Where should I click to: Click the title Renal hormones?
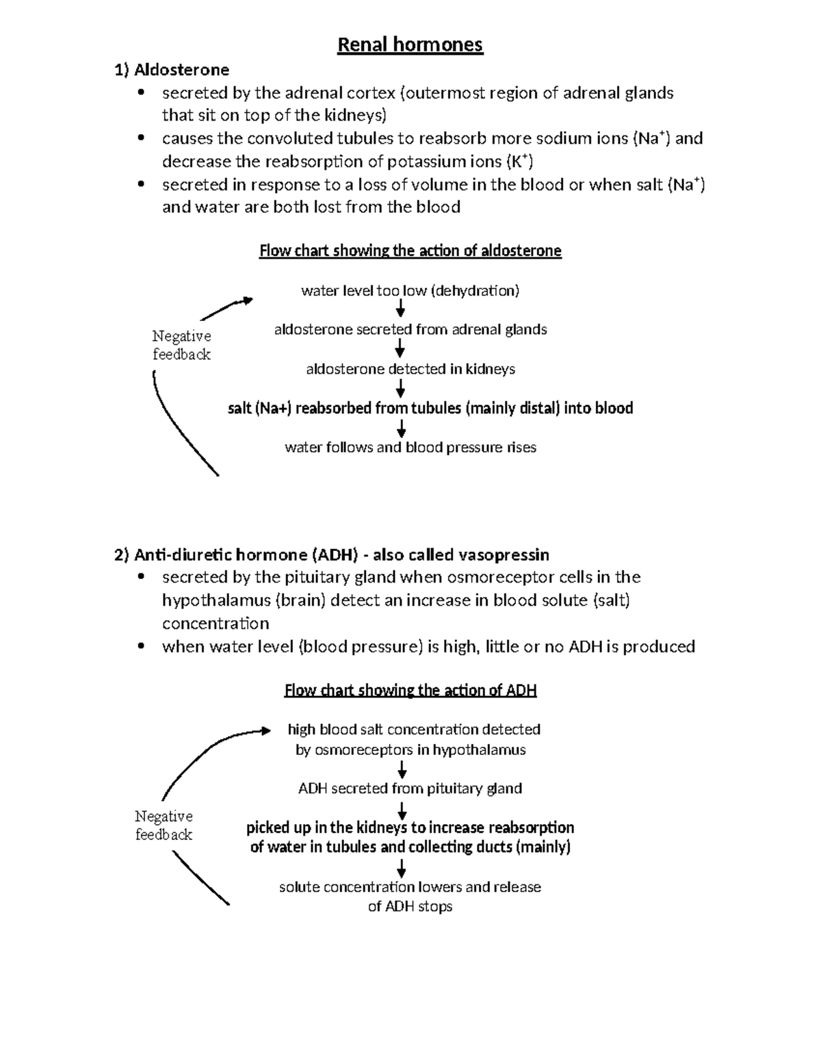[x=410, y=45]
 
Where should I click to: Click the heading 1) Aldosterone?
[x=172, y=70]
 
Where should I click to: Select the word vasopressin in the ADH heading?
[x=504, y=554]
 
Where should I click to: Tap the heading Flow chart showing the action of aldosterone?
[x=410, y=251]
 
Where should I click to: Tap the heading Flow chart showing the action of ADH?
[x=410, y=690]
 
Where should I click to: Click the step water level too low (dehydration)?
[x=410, y=291]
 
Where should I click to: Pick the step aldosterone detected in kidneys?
[x=410, y=370]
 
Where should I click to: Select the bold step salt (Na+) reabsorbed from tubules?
[x=430, y=409]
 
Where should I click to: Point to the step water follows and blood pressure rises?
[x=410, y=448]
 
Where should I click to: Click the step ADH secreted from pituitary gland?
[x=410, y=789]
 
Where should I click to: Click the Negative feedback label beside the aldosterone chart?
[x=181, y=345]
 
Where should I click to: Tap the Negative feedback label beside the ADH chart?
[x=164, y=825]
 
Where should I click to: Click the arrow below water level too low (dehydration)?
[x=401, y=310]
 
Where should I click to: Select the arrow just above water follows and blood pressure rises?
[x=401, y=428]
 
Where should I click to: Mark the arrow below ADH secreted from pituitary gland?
[x=402, y=810]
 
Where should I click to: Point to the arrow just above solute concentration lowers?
[x=402, y=869]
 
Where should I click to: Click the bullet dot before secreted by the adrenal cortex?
[x=142, y=93]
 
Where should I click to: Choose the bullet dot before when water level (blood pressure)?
[x=142, y=646]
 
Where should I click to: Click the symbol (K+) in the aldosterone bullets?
[x=519, y=162]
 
